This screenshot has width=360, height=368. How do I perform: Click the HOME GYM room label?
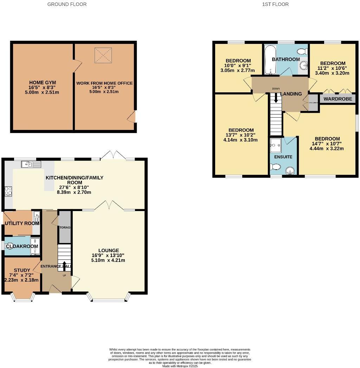click(43, 83)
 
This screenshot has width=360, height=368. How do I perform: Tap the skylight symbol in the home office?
click(102, 55)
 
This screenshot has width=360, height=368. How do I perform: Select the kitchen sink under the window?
click(31, 164)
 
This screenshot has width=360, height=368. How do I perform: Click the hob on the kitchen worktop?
click(8, 191)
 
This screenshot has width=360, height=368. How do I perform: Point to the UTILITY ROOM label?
click(22, 223)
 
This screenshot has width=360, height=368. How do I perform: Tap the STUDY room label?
click(22, 270)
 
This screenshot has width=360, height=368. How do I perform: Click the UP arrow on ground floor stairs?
click(64, 264)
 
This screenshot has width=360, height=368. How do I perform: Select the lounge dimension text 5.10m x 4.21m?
click(109, 260)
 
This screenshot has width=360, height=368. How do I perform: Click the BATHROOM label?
click(286, 59)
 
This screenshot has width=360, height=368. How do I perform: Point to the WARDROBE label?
click(337, 99)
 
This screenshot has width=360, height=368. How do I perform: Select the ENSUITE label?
click(283, 157)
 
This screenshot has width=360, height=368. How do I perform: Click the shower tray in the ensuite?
click(276, 144)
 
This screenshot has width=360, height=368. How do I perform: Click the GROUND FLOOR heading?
click(67, 4)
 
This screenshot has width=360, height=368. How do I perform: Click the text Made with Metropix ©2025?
click(180, 366)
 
